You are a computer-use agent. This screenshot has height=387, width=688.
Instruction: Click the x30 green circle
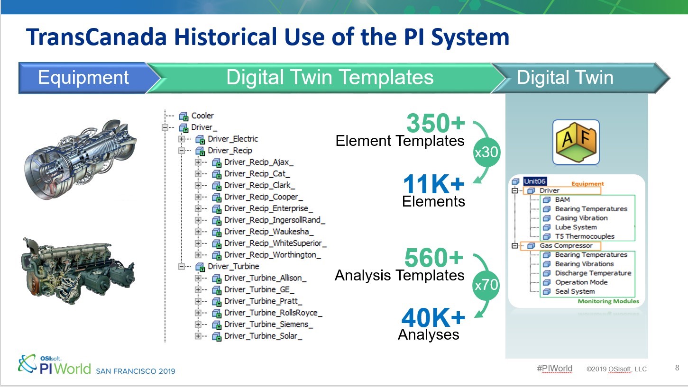[x=486, y=152]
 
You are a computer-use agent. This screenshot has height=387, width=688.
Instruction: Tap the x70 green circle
[x=486, y=285]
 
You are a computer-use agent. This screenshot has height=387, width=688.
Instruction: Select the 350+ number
[x=436, y=123]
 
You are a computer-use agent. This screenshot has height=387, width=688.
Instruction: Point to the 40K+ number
[x=433, y=318]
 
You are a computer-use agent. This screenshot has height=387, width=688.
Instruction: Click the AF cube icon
[x=576, y=142]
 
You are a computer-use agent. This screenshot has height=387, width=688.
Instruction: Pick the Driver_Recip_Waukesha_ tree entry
[x=269, y=232]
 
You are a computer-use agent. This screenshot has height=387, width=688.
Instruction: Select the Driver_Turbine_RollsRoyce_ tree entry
[x=273, y=313]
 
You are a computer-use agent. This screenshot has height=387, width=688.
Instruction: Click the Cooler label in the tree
[x=202, y=116]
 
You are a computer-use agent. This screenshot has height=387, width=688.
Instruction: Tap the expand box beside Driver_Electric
[x=182, y=139]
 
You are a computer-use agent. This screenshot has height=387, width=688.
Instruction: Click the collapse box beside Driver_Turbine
[x=182, y=266]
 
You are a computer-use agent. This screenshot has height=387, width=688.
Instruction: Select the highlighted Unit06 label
[x=535, y=181]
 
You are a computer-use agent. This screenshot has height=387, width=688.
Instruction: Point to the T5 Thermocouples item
[x=585, y=236]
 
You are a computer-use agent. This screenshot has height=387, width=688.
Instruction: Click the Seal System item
[x=575, y=291]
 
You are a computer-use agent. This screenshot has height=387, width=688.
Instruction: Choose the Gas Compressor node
[x=566, y=245]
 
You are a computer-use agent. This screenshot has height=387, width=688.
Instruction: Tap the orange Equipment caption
[x=587, y=183]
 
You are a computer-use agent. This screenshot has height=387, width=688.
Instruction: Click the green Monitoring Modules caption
[x=608, y=301]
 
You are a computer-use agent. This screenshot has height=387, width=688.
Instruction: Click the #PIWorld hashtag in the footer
[x=554, y=368]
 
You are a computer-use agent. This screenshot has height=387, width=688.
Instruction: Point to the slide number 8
[x=677, y=368]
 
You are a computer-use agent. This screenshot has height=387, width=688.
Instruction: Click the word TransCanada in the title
[x=96, y=37]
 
